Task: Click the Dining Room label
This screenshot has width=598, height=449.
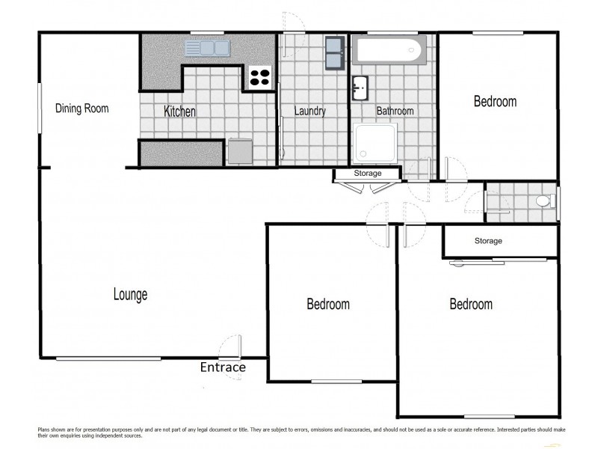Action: click(81, 109)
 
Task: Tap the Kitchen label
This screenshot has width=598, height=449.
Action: click(179, 112)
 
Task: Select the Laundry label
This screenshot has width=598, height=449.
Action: click(309, 112)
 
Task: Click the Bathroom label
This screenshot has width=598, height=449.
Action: click(395, 112)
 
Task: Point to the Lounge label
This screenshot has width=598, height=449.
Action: click(130, 294)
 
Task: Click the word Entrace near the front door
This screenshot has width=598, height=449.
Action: click(223, 367)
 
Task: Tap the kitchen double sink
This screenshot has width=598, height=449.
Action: click(207, 49)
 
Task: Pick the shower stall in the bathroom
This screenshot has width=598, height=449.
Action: click(378, 142)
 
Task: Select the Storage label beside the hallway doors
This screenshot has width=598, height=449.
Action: click(367, 174)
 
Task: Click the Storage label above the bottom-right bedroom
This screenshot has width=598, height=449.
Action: click(488, 241)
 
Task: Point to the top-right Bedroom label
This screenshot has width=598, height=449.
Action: click(495, 102)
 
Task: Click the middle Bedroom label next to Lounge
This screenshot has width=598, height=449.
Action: click(328, 305)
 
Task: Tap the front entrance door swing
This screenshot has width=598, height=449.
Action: click(230, 348)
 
